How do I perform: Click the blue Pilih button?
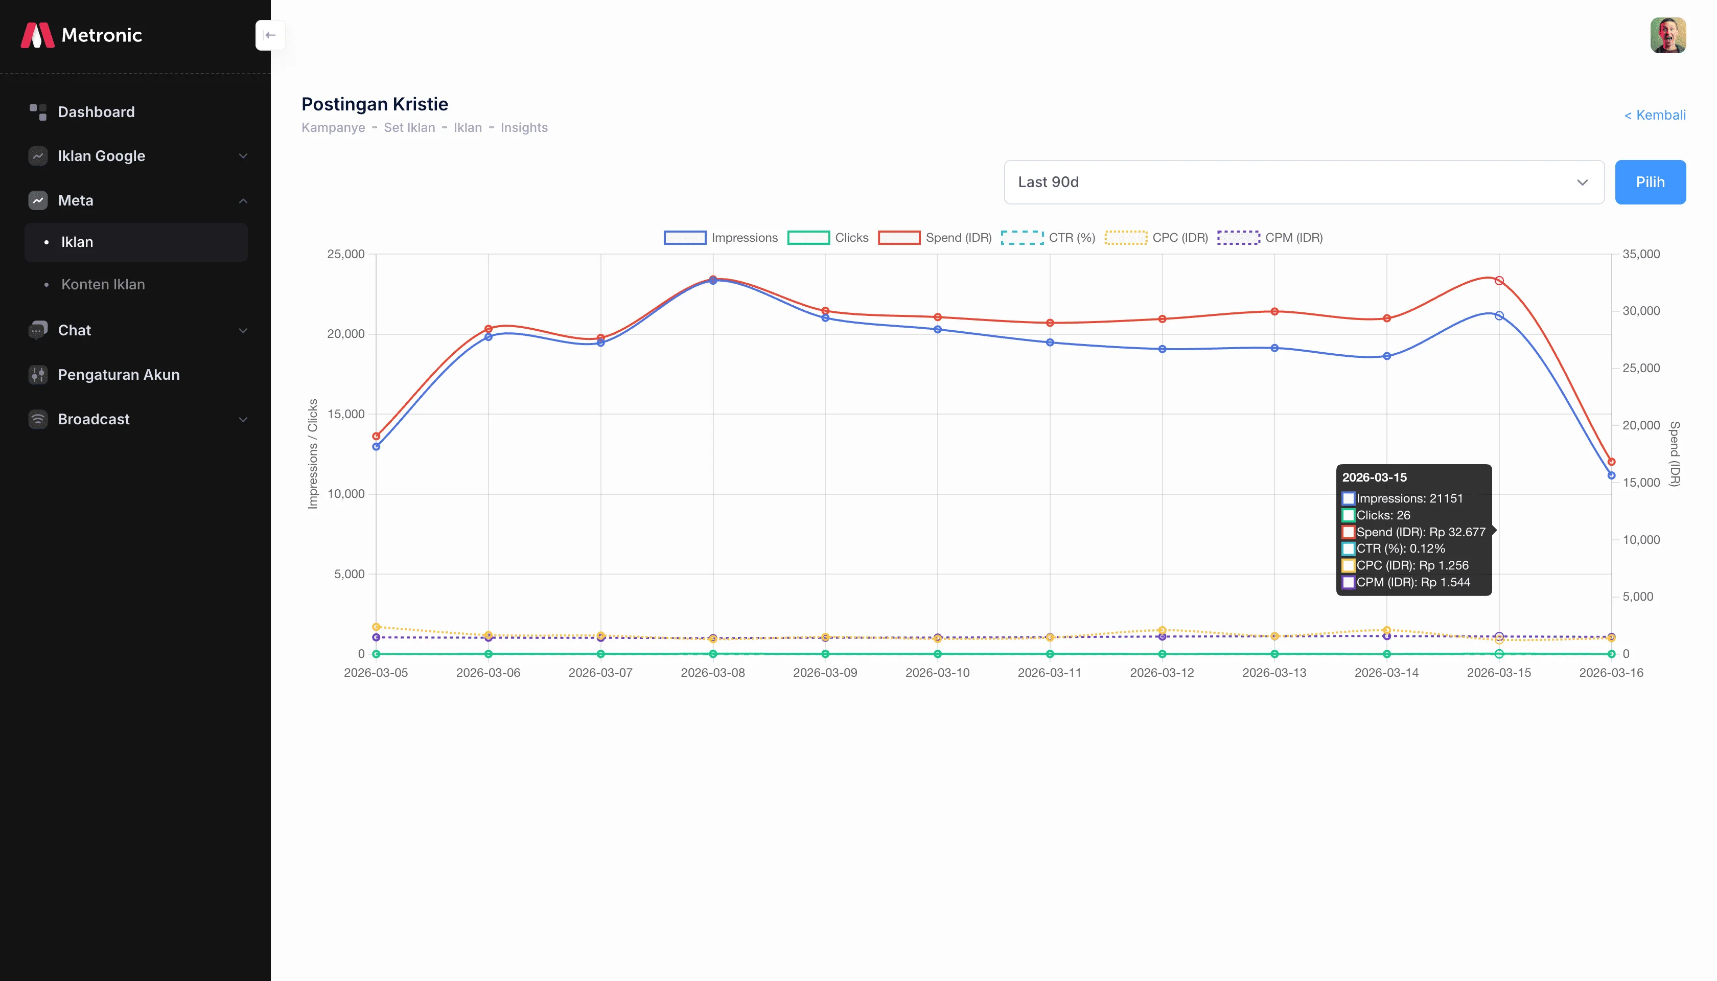[x=1650, y=182]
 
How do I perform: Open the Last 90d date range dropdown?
[x=1304, y=182]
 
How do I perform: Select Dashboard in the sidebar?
[x=96, y=112]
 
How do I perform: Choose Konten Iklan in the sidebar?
[x=103, y=284]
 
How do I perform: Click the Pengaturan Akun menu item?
[x=119, y=375]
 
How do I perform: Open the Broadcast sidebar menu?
[x=94, y=419]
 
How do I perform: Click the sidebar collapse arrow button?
[x=270, y=35]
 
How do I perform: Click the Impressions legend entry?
[x=721, y=238]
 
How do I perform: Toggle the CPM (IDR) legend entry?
[x=1270, y=238]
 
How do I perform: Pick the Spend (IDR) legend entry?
[x=935, y=238]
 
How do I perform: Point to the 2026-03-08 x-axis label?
[x=712, y=672]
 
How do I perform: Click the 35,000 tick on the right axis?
[x=1640, y=254]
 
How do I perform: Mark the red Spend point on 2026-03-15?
[x=1499, y=280]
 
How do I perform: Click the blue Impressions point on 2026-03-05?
[x=377, y=446]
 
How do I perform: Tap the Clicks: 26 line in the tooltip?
[x=1382, y=515]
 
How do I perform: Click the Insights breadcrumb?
[x=524, y=127]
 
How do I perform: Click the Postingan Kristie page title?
[x=375, y=104]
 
